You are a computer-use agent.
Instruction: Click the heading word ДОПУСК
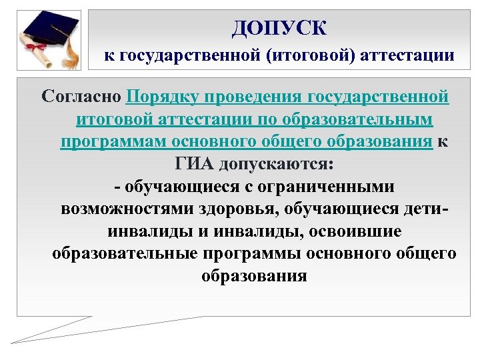279,28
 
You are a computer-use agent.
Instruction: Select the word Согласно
81,98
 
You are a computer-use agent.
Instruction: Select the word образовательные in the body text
124,254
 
